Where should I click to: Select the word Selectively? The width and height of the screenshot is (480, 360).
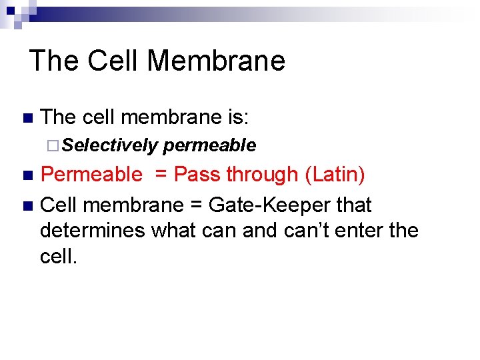[x=111, y=145]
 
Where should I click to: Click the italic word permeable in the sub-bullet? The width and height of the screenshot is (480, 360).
[x=209, y=145]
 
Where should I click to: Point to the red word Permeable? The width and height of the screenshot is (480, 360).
[x=91, y=175]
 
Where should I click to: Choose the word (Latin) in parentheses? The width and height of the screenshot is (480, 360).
[x=335, y=175]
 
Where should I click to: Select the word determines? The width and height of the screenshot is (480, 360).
[x=93, y=231]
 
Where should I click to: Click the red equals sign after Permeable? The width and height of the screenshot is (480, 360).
[x=160, y=175]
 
